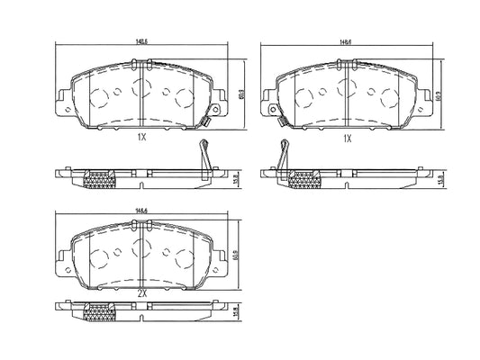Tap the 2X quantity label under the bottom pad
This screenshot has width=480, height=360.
[142, 293]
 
